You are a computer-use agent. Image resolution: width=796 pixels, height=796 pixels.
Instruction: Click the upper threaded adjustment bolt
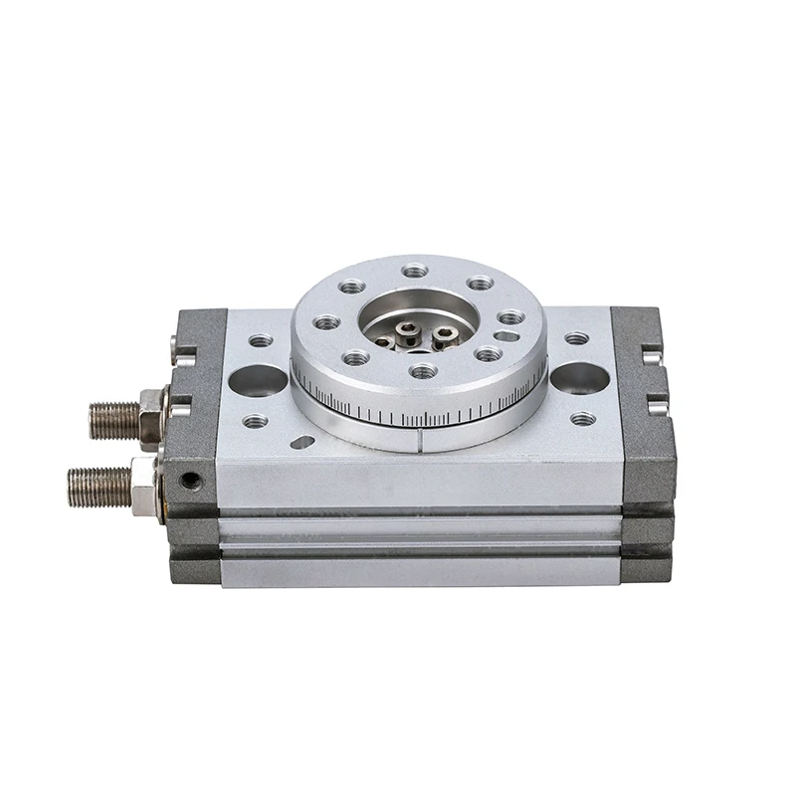(114, 420)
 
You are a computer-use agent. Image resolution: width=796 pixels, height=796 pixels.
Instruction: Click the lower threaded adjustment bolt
(99, 486)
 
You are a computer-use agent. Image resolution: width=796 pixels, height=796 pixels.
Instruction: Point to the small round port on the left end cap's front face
(189, 481)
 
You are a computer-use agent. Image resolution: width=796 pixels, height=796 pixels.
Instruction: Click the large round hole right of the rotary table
(579, 378)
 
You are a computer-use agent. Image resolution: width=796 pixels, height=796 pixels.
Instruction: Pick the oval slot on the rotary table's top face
(506, 336)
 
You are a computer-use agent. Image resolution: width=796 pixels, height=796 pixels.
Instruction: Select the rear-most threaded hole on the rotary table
(415, 271)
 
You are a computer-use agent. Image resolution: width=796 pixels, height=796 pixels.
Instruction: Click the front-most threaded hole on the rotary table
(423, 371)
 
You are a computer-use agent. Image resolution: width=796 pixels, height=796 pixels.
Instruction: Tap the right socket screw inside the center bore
(443, 334)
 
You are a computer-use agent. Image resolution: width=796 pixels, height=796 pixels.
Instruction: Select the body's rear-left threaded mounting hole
(261, 340)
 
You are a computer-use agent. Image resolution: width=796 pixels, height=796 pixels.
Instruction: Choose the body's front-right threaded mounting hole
(583, 419)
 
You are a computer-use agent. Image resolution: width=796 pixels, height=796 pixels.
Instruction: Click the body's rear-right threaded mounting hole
(576, 338)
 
